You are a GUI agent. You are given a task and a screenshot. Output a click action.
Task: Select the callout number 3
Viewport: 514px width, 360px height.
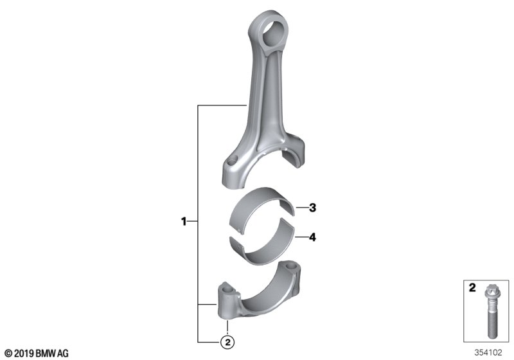point(312,208)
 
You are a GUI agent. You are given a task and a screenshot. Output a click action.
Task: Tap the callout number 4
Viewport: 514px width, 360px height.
point(312,238)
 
